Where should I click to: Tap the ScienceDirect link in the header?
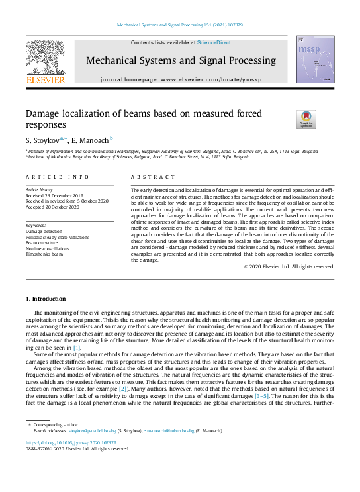(x=214, y=42)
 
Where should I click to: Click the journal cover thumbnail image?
(x=314, y=60)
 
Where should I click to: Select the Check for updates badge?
(x=287, y=119)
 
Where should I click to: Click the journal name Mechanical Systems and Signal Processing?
(x=180, y=60)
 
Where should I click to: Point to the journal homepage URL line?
(x=180, y=79)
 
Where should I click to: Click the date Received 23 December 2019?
(x=54, y=195)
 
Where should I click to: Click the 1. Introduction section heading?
(x=46, y=299)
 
